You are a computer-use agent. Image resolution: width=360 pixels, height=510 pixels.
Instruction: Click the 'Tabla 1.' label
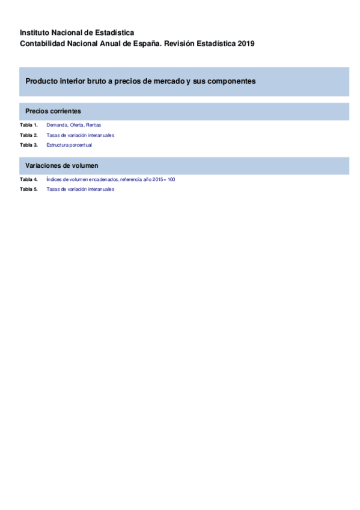click(x=28, y=125)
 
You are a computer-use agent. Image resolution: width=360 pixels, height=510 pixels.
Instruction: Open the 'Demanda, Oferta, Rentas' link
click(x=73, y=125)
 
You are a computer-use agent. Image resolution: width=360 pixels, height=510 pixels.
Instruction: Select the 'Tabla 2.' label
click(x=28, y=135)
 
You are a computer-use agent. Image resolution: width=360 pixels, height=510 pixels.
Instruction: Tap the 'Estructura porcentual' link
click(x=69, y=145)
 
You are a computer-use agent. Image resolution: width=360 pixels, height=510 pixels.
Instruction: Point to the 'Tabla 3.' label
click(x=28, y=145)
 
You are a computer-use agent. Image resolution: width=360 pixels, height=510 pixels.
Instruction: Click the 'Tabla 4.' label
click(x=28, y=179)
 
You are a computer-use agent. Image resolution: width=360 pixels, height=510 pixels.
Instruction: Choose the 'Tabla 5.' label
click(x=28, y=189)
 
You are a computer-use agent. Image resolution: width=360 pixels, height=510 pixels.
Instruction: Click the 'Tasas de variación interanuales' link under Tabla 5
click(x=80, y=189)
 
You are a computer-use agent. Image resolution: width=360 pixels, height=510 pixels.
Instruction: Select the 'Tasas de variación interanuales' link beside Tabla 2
click(x=80, y=135)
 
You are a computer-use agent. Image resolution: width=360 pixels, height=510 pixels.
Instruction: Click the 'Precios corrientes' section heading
click(x=53, y=111)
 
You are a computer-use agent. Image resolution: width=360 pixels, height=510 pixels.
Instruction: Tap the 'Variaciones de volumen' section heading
click(x=62, y=165)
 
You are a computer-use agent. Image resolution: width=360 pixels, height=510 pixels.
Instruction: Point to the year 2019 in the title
click(x=246, y=43)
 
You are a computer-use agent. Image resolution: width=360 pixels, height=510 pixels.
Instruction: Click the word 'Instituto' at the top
click(x=35, y=32)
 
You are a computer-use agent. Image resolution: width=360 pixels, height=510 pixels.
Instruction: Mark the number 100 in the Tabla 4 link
click(x=171, y=179)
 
